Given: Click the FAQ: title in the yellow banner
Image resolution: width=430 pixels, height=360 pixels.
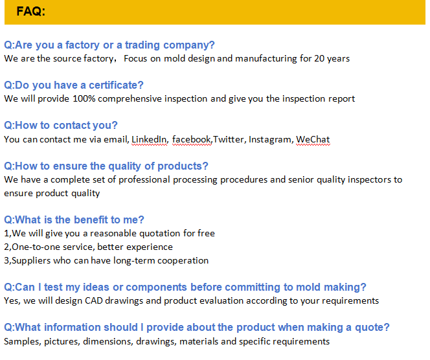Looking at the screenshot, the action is (30, 12).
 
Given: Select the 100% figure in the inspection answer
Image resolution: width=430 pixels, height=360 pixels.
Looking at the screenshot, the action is (84, 98).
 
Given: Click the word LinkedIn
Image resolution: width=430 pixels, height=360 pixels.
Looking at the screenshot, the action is (149, 139).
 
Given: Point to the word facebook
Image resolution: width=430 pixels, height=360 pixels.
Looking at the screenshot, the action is (192, 139).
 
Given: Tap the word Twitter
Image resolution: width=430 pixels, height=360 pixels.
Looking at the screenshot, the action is (228, 139).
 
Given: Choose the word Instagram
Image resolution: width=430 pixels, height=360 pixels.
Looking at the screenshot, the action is (270, 140).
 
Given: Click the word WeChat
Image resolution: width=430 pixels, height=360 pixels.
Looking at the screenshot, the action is (313, 139).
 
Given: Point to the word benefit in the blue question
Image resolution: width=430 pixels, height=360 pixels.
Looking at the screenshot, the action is (91, 219).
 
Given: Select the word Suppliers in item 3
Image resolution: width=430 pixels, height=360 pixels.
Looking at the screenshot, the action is (31, 261).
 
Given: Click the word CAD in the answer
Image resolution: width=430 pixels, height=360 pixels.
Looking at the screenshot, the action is (94, 301).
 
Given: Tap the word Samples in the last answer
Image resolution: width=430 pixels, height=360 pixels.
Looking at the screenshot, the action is (23, 342).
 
